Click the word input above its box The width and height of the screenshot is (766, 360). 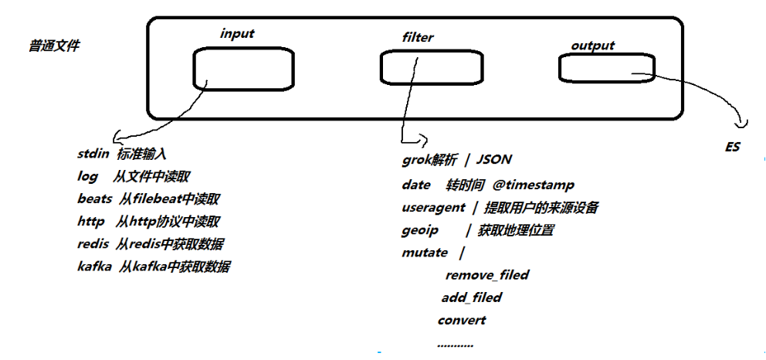(x=237, y=33)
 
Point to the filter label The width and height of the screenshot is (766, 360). (x=418, y=36)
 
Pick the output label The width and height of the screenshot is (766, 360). (x=592, y=46)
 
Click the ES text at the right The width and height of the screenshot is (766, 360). (x=733, y=146)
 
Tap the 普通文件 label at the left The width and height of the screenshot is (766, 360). (x=54, y=46)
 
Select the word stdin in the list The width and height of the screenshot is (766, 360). (x=93, y=154)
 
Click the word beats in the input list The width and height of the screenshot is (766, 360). (x=95, y=199)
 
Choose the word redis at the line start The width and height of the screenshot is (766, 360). (x=93, y=244)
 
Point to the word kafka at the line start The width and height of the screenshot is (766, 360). (x=95, y=267)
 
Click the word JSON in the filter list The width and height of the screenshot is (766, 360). (x=494, y=160)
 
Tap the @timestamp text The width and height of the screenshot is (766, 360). (x=533, y=185)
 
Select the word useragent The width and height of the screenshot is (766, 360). (x=433, y=207)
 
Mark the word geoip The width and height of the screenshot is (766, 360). (x=420, y=229)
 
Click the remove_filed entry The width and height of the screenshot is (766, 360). (x=487, y=274)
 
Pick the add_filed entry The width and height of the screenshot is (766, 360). (x=471, y=297)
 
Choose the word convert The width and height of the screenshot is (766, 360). (x=461, y=320)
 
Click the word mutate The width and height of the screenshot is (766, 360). (x=425, y=252)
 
